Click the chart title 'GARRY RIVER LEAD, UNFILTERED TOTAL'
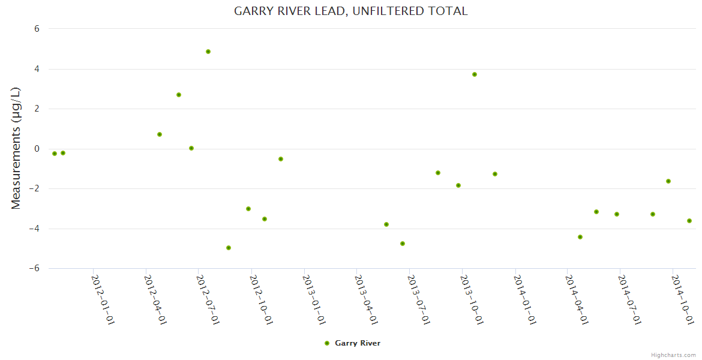(350, 11)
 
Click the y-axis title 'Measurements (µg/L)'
(16, 148)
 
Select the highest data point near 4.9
(208, 52)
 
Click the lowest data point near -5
(229, 248)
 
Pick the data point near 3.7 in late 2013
(475, 74)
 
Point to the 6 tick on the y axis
(37, 29)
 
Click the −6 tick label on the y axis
(34, 268)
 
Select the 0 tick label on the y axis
(37, 149)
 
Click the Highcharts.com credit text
(674, 355)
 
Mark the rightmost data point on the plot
(689, 221)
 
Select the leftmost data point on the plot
(55, 154)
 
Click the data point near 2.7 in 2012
(179, 95)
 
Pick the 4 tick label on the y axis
(37, 69)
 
